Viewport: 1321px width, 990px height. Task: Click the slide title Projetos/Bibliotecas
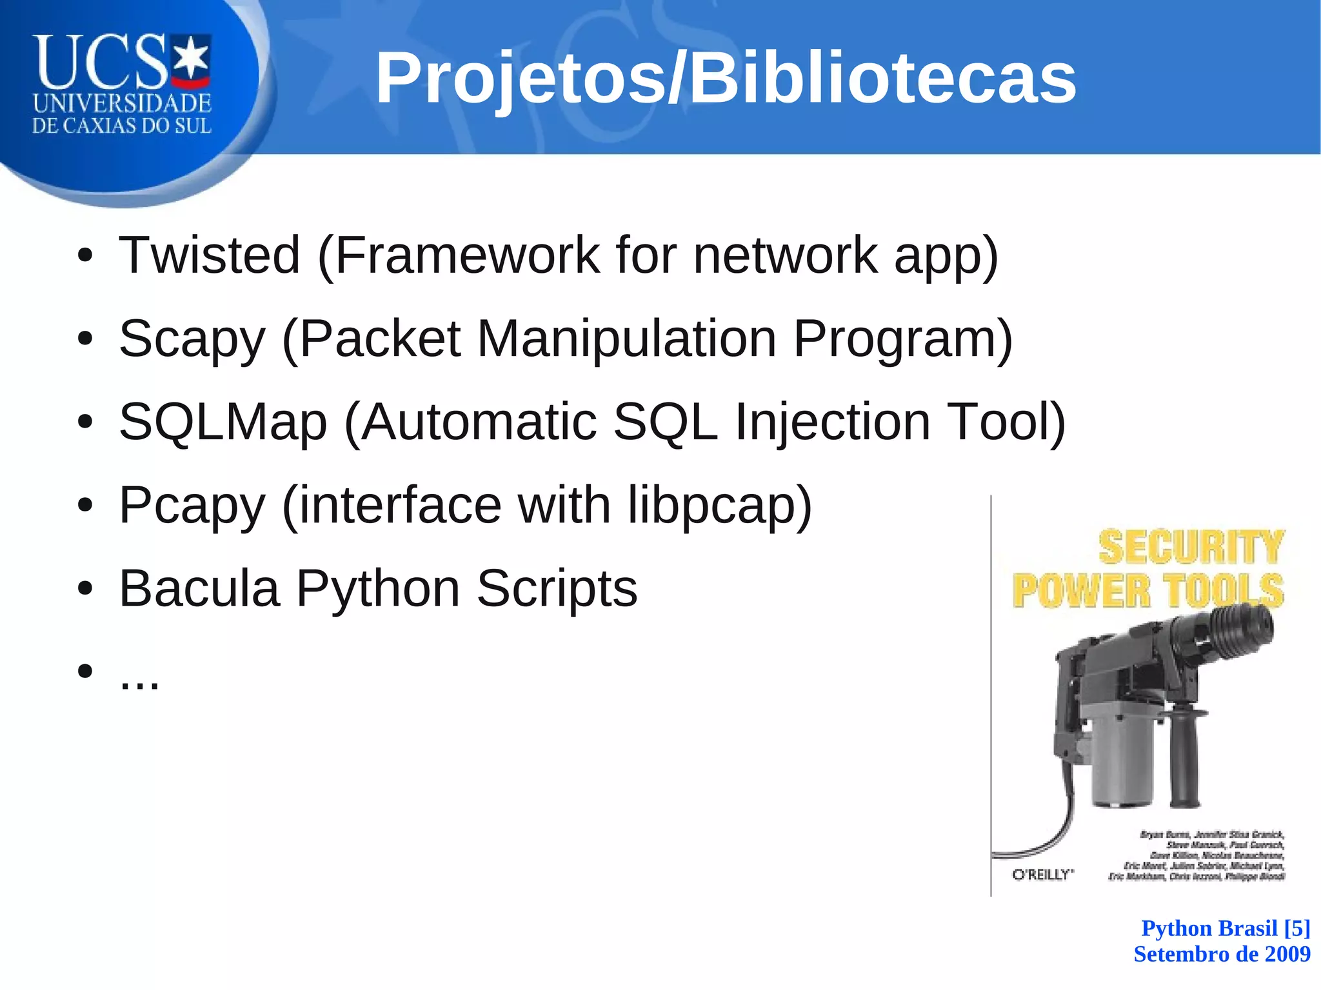726,79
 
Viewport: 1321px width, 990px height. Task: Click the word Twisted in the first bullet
210,255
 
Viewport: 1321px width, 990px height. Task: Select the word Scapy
192,339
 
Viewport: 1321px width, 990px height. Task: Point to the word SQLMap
223,422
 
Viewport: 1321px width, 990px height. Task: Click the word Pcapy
192,506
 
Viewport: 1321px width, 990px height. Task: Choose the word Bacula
199,588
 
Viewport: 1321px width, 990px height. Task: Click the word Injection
832,422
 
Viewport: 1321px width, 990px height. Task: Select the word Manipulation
626,339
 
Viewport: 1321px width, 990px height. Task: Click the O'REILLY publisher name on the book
1042,875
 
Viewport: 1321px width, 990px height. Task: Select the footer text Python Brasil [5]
1226,928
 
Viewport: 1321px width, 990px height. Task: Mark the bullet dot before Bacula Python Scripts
84,589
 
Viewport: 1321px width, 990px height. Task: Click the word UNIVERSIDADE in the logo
122,103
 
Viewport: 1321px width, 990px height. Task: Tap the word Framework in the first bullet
468,255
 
